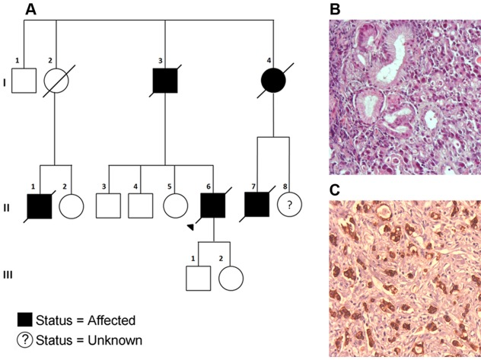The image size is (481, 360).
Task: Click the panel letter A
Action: click(31, 9)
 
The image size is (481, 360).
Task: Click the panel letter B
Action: click(336, 9)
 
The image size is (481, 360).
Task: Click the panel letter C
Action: click(336, 187)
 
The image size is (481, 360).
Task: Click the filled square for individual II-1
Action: click(40, 206)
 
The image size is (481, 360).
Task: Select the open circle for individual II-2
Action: click(71, 206)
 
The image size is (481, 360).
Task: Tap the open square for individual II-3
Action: click(110, 206)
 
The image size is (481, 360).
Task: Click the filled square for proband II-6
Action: click(213, 206)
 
